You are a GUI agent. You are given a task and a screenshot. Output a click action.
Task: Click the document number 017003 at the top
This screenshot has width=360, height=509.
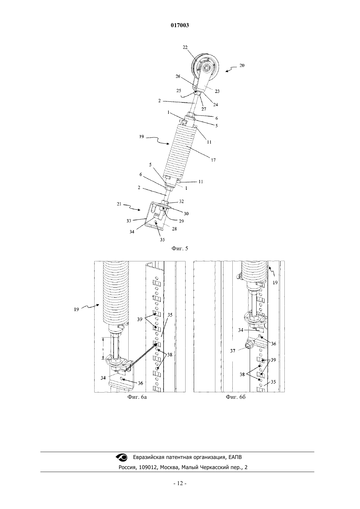[180, 25]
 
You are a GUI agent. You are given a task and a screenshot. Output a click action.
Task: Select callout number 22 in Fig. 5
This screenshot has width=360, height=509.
[185, 47]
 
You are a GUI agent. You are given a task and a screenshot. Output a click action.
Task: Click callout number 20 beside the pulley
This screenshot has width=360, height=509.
[242, 65]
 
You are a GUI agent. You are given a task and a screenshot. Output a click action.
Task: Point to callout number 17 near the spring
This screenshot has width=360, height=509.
[213, 160]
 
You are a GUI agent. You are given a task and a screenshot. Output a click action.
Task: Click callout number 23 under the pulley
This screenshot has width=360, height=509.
[217, 91]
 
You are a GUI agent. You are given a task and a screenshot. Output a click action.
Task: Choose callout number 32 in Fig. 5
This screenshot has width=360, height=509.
[181, 201]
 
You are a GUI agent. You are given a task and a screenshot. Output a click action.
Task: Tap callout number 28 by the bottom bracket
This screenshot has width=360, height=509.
[174, 229]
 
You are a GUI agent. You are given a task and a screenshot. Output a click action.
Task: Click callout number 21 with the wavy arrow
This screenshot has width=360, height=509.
[119, 204]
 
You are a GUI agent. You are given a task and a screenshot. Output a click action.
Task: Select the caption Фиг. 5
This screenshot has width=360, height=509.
[180, 248]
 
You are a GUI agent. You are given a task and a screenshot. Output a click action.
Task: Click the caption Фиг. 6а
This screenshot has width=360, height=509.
[137, 397]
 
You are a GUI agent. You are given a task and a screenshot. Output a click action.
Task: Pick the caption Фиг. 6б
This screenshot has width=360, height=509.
[236, 397]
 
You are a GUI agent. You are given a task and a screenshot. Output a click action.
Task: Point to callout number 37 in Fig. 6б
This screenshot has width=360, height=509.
[232, 351]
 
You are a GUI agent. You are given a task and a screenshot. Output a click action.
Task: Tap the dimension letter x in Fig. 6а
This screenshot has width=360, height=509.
[103, 349]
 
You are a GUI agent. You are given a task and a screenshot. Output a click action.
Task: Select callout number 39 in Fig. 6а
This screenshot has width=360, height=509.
[139, 319]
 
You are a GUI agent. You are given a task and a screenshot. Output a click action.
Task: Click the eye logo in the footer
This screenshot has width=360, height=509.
[122, 457]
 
